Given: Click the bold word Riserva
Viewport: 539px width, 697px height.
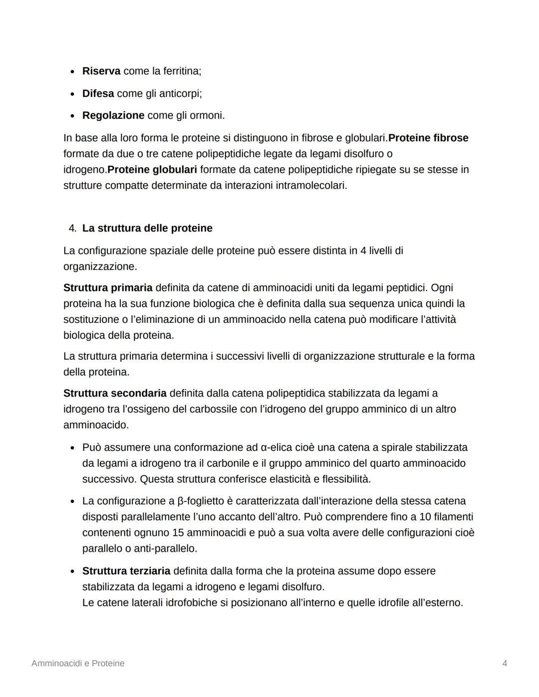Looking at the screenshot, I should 101,71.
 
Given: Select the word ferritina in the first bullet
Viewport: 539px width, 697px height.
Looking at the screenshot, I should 182,71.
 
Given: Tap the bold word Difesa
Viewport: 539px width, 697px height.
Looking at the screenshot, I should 98,94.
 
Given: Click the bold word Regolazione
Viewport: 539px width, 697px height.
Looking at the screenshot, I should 113,116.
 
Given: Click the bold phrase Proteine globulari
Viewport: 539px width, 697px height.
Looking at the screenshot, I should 152,170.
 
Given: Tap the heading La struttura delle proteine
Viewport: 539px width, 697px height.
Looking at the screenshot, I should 147,229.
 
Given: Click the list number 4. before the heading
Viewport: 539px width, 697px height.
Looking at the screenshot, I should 72,229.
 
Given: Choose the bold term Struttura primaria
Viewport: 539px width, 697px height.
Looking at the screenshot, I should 108,288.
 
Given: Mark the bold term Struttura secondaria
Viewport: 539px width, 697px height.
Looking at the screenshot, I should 115,394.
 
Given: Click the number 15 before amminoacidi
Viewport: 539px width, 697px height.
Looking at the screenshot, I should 178,533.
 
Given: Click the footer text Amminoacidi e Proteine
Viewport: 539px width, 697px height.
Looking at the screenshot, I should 78,664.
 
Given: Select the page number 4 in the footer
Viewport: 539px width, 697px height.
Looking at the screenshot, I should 505,664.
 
